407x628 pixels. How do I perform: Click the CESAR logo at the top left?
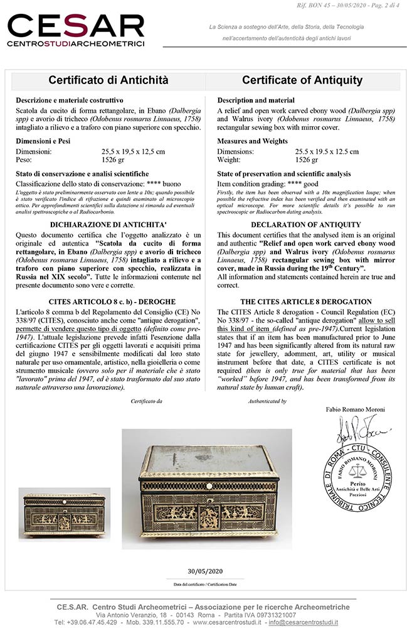pyautogui.click(x=75, y=30)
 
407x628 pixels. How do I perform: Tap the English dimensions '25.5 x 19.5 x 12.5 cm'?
pyautogui.click(x=327, y=151)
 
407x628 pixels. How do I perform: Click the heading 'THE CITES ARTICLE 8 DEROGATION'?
pyautogui.click(x=306, y=301)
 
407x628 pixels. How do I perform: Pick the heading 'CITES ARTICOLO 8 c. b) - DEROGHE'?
pyautogui.click(x=109, y=301)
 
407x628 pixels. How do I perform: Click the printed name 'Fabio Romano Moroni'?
pyautogui.click(x=356, y=409)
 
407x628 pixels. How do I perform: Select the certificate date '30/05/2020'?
pyautogui.click(x=204, y=571)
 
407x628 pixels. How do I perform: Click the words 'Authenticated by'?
pyautogui.click(x=267, y=400)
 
